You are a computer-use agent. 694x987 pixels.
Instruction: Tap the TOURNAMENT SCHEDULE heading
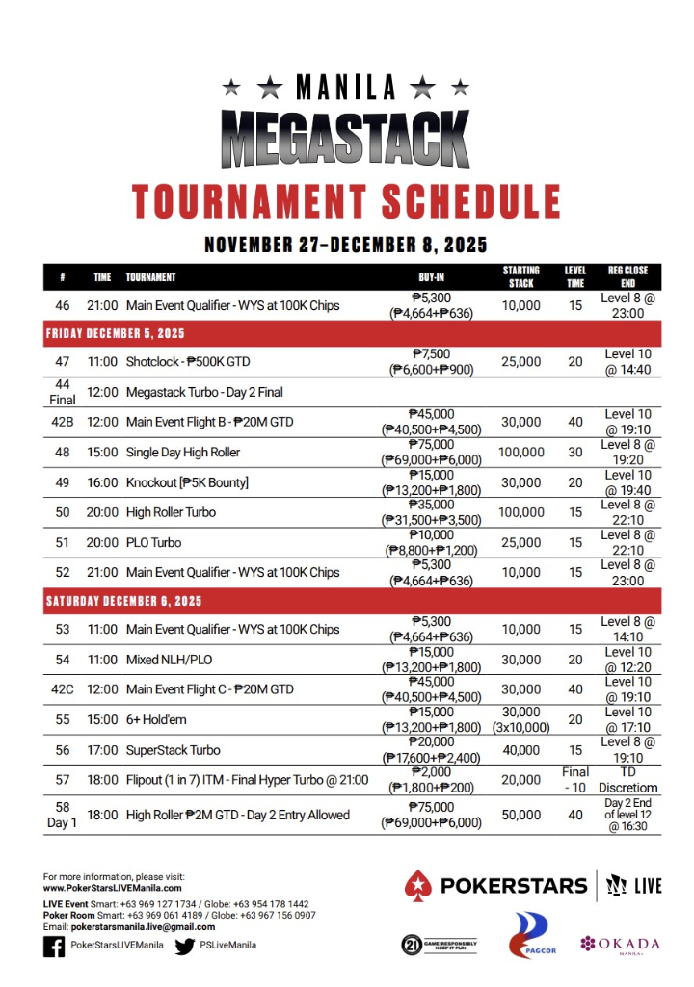coord(346,200)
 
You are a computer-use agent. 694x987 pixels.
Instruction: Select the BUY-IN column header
coord(431,277)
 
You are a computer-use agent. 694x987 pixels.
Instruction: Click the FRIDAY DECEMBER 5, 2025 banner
coord(115,333)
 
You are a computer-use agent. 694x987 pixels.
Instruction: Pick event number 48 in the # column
coord(62,452)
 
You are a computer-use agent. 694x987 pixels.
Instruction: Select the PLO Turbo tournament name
coord(153,542)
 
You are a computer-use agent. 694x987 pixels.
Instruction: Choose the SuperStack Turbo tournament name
coord(173,750)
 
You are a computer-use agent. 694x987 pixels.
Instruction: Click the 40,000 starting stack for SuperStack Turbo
coord(520,750)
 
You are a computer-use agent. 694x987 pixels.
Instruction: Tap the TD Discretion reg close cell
coord(627,780)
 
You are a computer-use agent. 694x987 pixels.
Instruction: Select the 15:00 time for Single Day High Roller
coord(102,452)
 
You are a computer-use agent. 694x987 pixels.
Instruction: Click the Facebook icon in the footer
coord(54,946)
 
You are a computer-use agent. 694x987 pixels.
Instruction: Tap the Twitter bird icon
coord(185,946)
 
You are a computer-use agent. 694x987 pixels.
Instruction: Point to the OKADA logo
coord(621,943)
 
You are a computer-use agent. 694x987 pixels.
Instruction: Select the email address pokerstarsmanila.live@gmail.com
coord(129,926)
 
